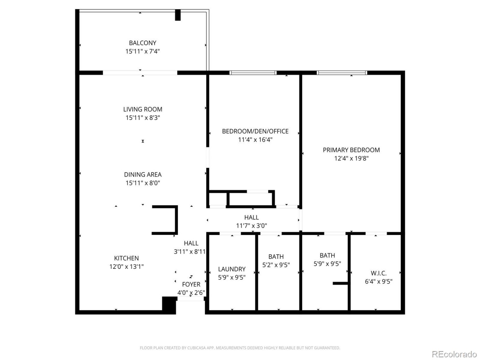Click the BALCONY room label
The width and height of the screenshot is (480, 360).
142,43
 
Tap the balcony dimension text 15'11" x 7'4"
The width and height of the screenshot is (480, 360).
142,51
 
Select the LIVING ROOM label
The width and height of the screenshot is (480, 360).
143,109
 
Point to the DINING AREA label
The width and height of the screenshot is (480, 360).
143,175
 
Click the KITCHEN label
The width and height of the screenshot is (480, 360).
126,258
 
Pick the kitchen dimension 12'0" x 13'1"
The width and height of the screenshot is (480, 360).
126,267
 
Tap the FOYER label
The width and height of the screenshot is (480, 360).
191,284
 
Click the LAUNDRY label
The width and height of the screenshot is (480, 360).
232,269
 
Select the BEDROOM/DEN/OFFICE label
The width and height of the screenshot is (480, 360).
255,131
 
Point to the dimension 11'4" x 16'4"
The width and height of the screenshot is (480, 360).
255,140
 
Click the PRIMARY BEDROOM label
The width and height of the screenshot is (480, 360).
351,150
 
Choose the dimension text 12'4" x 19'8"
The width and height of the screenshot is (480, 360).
351,158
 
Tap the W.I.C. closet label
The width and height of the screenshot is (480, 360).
379,273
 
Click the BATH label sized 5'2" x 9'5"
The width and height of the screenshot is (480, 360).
276,257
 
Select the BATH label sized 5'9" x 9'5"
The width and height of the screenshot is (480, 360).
327,255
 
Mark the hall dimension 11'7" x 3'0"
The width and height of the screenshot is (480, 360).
252,226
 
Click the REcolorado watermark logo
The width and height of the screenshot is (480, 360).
454,354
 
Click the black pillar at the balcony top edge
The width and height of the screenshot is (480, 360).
178,15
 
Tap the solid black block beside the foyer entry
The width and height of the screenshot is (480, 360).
169,305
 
